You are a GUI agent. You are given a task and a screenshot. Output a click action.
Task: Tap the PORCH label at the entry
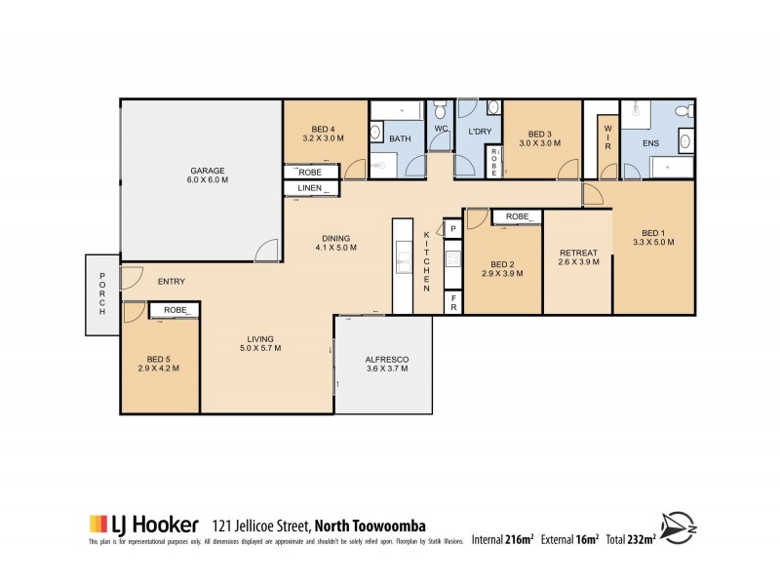[100, 293]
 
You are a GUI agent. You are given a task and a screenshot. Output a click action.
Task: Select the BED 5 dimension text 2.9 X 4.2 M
[159, 370]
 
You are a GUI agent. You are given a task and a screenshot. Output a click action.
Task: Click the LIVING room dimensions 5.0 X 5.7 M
[260, 348]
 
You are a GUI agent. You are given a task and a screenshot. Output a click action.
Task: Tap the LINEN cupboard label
[310, 187]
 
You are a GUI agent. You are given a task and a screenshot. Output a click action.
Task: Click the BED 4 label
[324, 130]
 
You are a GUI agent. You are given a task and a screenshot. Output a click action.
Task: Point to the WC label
[440, 129]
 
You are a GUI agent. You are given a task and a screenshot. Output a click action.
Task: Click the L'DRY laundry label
[479, 132]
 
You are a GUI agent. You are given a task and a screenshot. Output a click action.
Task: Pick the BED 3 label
[540, 134]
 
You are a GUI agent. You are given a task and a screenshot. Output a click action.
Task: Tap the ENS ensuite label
[650, 141]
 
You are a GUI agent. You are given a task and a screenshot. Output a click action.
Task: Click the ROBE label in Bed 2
[517, 216]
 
